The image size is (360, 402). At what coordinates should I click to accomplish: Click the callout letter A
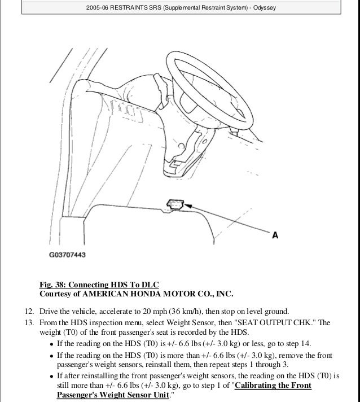pos(275,235)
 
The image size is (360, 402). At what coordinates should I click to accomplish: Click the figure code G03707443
pos(67,255)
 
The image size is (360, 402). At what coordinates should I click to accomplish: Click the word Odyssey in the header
pos(262,8)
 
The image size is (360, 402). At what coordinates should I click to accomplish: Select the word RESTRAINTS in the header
pos(130,8)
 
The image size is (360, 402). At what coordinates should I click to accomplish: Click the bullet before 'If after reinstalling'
pos(52,375)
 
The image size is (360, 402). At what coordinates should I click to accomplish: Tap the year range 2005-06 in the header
pos(99,8)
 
